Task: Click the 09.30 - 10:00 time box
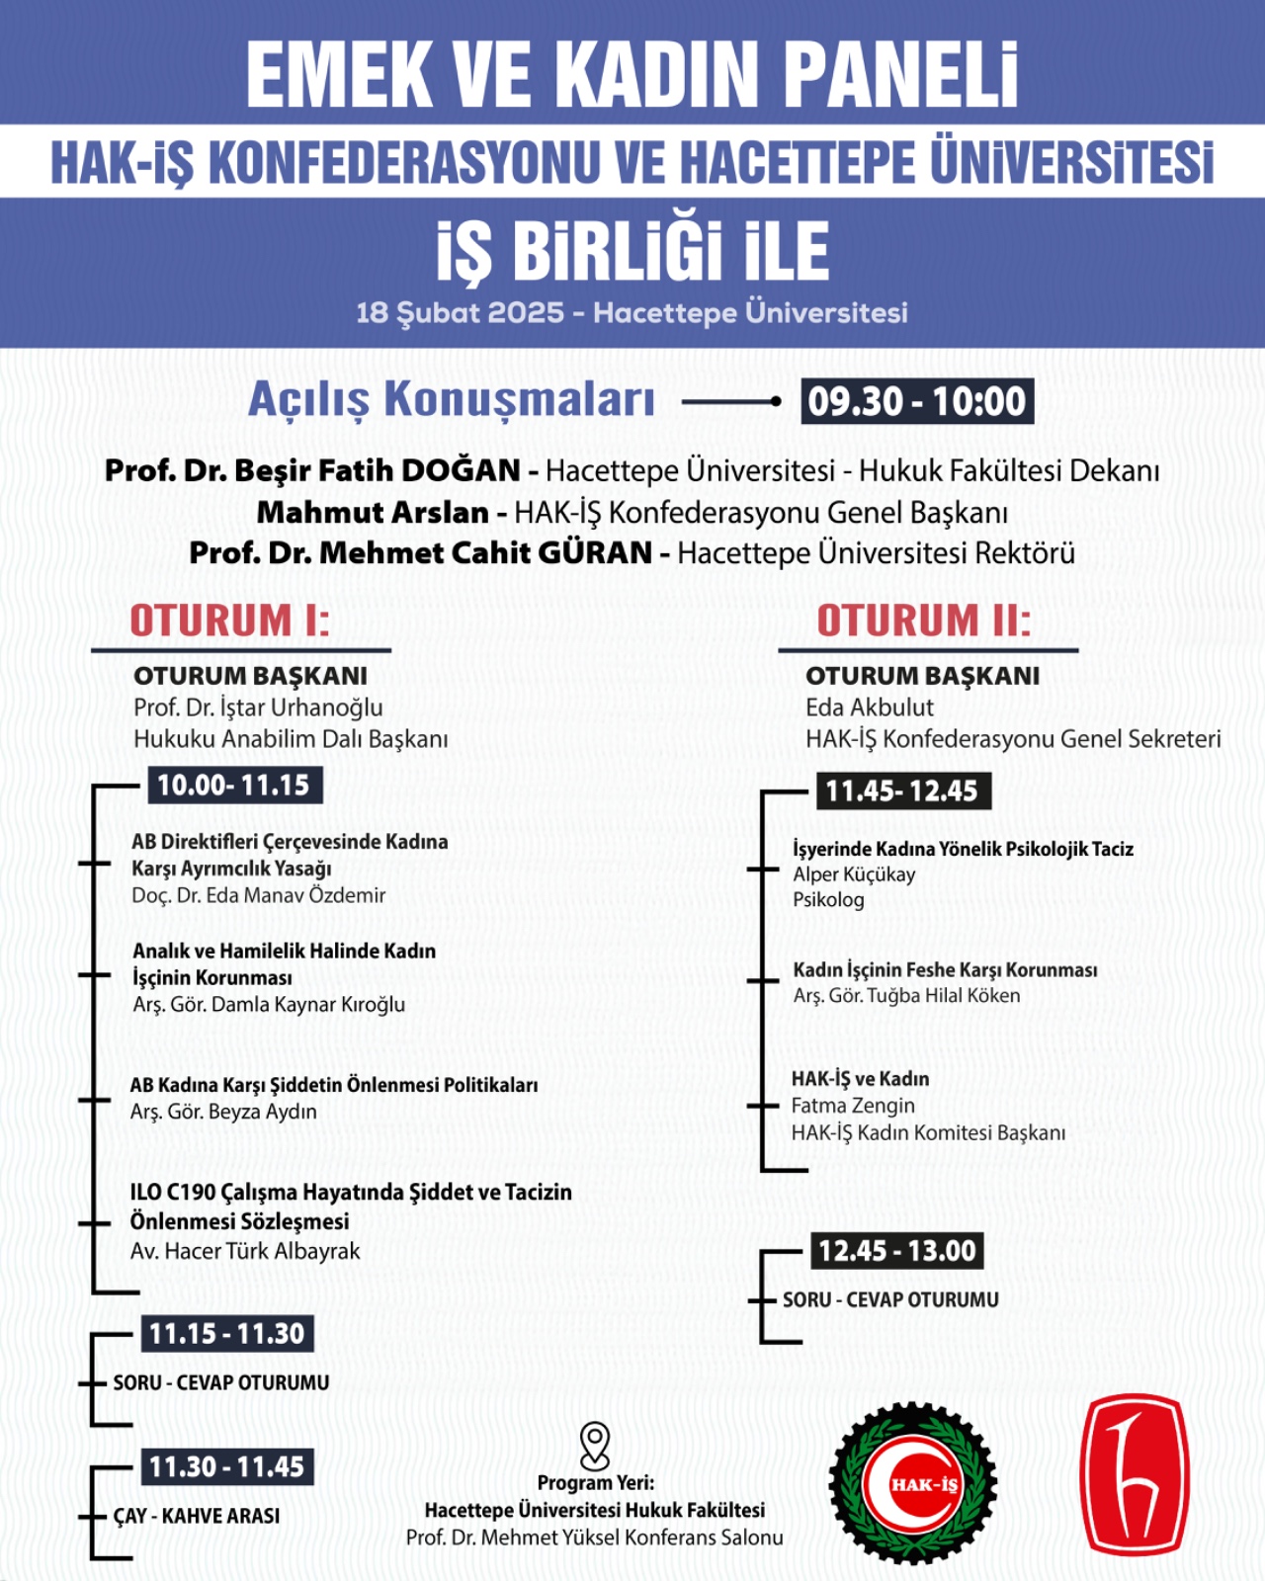click(917, 401)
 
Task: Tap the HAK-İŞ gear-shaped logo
click(912, 1482)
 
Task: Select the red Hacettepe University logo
click(1134, 1474)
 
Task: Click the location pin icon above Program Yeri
click(595, 1446)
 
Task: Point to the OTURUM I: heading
click(230, 621)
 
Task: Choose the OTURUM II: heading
click(924, 621)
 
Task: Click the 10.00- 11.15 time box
click(234, 786)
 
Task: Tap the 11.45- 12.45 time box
click(902, 791)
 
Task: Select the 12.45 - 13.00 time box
click(897, 1251)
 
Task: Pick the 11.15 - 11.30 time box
click(227, 1334)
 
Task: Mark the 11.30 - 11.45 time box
click(227, 1467)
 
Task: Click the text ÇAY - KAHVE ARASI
click(197, 1516)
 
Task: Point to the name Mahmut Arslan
click(373, 513)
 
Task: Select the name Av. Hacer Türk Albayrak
click(245, 1251)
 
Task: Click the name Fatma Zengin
click(853, 1106)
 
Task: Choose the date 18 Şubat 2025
click(460, 313)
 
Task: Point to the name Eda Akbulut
click(869, 707)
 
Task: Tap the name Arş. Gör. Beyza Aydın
click(223, 1112)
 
